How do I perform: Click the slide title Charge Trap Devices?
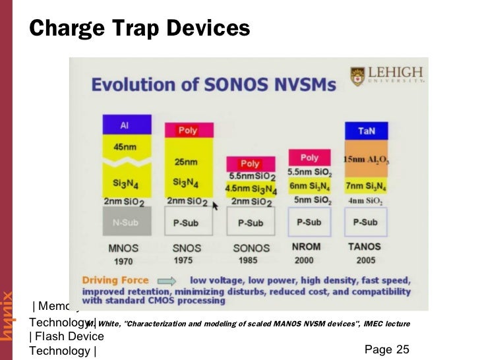point(139,28)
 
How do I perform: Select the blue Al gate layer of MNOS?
point(127,125)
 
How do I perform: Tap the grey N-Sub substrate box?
point(127,222)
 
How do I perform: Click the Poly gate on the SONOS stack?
point(250,164)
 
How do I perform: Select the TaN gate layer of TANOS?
point(367,131)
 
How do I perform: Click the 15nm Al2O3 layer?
point(367,159)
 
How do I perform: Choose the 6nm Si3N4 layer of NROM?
point(310,186)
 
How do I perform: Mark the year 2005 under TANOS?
point(367,260)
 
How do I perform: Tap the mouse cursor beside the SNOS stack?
point(214,205)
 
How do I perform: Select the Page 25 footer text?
point(386,349)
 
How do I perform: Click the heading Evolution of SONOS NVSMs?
point(213,84)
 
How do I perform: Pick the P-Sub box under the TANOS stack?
point(366,222)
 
